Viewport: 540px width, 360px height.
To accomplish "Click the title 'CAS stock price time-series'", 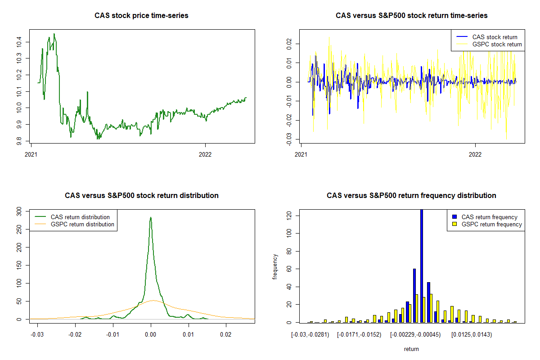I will click(x=141, y=16).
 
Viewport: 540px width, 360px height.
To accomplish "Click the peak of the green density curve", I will click(x=151, y=218).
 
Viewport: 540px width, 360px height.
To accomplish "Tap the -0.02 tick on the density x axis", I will click(x=75, y=334).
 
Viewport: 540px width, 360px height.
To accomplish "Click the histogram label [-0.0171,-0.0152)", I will click(x=359, y=334).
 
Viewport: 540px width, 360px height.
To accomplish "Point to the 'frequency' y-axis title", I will click(x=275, y=266).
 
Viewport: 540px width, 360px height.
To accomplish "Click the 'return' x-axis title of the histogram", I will click(x=411, y=349).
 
